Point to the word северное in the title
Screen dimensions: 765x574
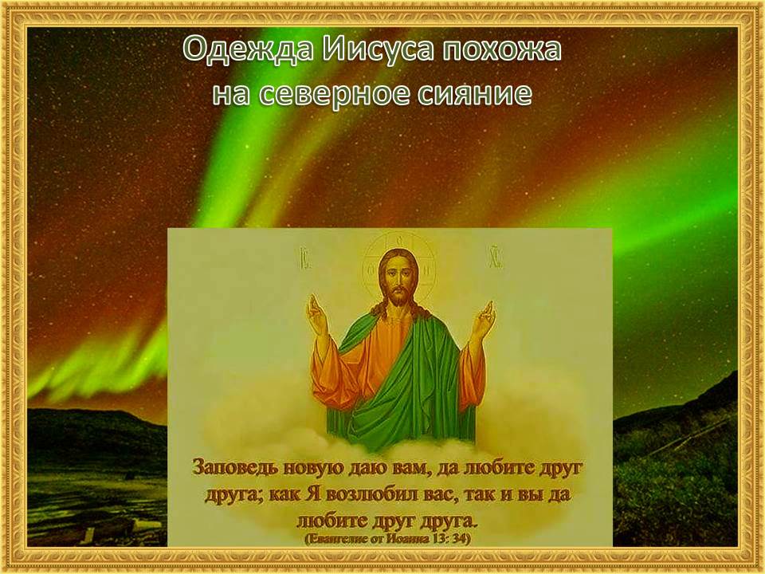[x=335, y=94]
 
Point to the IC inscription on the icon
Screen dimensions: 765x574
[x=303, y=257]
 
